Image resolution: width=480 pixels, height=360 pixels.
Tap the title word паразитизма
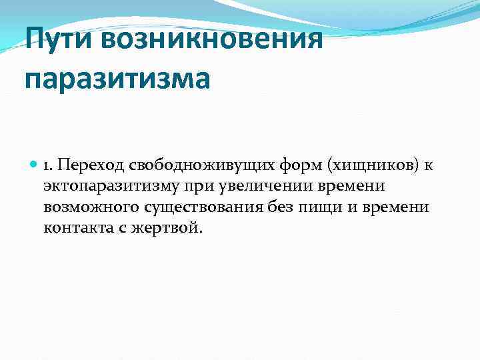tap(117, 78)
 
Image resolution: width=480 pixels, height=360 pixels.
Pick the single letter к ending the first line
tap(428, 165)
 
